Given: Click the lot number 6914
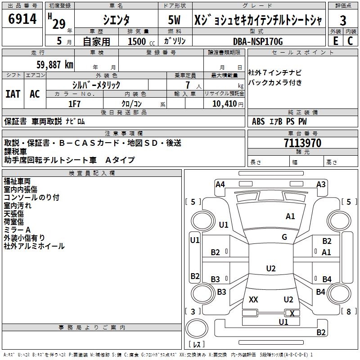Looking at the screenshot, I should [22, 19].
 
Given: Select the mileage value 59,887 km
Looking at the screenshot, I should [50, 65].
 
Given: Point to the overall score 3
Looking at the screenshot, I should [343, 20].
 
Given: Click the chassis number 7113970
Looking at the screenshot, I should [302, 143].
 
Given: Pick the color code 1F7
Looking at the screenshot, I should [74, 103].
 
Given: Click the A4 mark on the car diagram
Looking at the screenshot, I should [220, 184].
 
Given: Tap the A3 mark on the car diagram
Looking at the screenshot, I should [321, 184].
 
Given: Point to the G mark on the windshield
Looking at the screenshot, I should [284, 237].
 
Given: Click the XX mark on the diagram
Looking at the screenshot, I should [253, 300].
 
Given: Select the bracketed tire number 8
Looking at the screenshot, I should [348, 311].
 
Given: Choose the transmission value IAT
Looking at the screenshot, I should [13, 94].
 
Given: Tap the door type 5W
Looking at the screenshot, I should [174, 20].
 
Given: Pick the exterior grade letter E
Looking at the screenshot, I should [335, 41].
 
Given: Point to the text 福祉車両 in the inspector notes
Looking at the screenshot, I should [17, 181].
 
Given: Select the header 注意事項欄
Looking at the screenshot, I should [124, 133].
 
